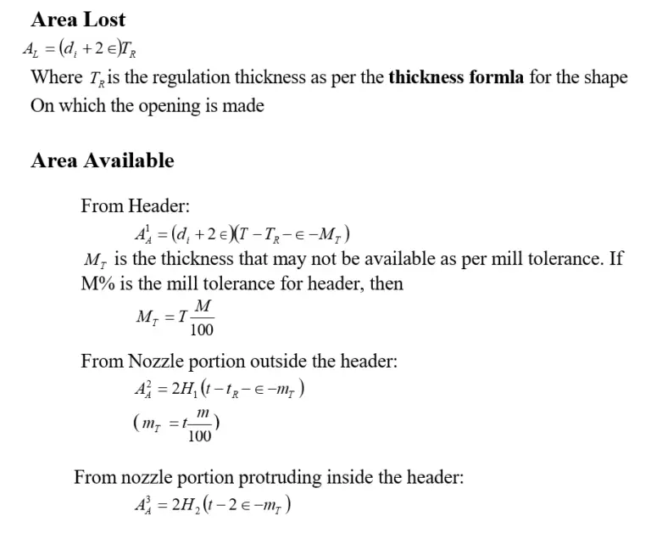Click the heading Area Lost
pyautogui.click(x=77, y=20)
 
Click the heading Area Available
pyautogui.click(x=102, y=160)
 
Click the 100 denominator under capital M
pyautogui.click(x=202, y=330)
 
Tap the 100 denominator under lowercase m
pyautogui.click(x=200, y=436)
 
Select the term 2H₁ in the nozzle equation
pyautogui.click(x=185, y=389)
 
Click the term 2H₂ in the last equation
pyautogui.click(x=186, y=505)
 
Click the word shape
pyautogui.click(x=605, y=77)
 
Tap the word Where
pyautogui.click(x=57, y=77)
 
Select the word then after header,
pyautogui.click(x=386, y=284)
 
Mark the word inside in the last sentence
pyautogui.click(x=348, y=477)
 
